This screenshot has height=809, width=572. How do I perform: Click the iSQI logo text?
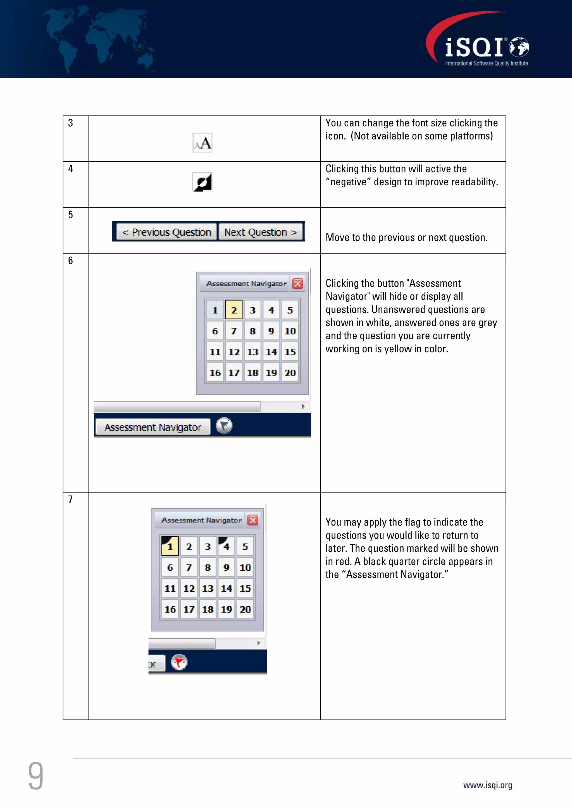pyautogui.click(x=474, y=47)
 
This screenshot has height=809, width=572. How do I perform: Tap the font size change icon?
pyautogui.click(x=202, y=143)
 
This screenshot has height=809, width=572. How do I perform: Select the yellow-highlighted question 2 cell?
pyautogui.click(x=234, y=310)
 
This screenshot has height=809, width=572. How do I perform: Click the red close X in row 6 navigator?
pyautogui.click(x=298, y=283)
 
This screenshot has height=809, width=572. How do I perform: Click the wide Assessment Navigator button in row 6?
pyautogui.click(x=153, y=427)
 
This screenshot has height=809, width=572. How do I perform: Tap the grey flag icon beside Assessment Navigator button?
pyautogui.click(x=224, y=426)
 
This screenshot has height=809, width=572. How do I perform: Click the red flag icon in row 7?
pyautogui.click(x=179, y=662)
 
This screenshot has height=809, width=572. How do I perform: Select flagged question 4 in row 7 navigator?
pyautogui.click(x=226, y=546)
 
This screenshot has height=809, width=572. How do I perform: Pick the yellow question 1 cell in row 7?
pyautogui.click(x=170, y=546)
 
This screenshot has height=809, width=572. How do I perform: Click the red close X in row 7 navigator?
pyautogui.click(x=253, y=520)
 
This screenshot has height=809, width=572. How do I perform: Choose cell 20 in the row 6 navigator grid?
pyautogui.click(x=290, y=373)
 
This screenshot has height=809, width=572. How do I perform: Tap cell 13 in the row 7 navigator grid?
pyautogui.click(x=208, y=588)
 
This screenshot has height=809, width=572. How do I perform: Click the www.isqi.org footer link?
pyautogui.click(x=487, y=785)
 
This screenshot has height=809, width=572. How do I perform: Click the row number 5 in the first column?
pyautogui.click(x=70, y=215)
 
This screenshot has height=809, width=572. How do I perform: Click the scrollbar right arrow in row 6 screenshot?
pyautogui.click(x=303, y=407)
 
